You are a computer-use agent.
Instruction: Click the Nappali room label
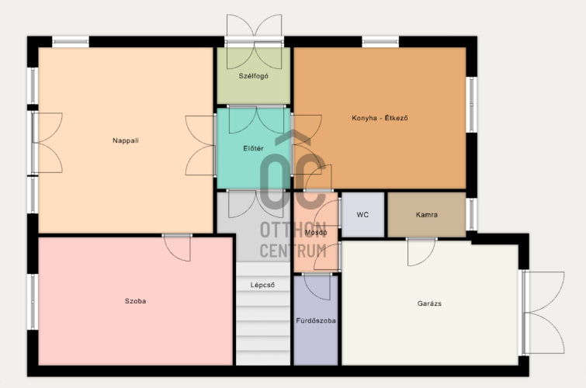(126, 140)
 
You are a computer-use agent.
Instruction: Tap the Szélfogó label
(253, 76)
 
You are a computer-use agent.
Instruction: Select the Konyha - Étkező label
(380, 118)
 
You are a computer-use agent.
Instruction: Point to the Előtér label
(253, 148)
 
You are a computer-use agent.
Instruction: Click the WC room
(362, 214)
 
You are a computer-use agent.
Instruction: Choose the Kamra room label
(426, 214)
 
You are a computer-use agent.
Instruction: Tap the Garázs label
(429, 303)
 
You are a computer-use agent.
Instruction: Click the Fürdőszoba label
(316, 320)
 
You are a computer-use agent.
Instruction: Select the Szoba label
(135, 301)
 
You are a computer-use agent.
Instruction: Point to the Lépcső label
(262, 285)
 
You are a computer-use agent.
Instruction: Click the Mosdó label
(316, 232)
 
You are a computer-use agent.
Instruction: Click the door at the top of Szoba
(177, 248)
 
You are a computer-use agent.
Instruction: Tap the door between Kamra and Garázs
(421, 251)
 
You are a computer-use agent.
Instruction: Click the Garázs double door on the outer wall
(544, 313)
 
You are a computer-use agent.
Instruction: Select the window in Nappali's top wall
(71, 41)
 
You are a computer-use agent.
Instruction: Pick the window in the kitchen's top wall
(380, 41)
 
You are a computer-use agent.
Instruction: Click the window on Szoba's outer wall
(33, 302)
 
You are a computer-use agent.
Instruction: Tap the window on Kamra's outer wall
(472, 214)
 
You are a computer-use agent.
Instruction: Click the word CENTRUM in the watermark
(293, 251)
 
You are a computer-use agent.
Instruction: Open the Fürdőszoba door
(317, 286)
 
